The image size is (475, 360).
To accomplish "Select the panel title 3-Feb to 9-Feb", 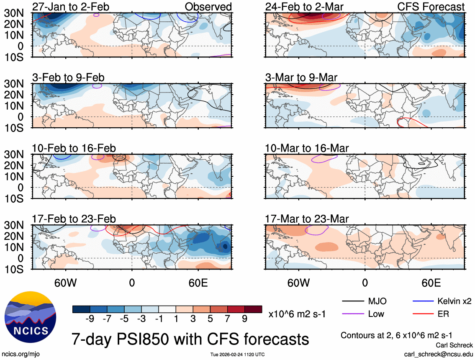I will [x=68, y=77].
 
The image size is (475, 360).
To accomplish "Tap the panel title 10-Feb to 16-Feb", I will [x=74, y=148].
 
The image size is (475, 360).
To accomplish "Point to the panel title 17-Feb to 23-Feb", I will [x=74, y=219].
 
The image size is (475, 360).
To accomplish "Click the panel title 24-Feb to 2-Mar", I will [x=304, y=7].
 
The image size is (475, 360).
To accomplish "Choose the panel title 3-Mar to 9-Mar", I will [x=301, y=77].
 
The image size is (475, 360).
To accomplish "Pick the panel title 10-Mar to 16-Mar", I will [x=307, y=148].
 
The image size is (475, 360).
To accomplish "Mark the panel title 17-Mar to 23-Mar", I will [x=307, y=219].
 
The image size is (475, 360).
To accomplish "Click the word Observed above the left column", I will [x=208, y=7].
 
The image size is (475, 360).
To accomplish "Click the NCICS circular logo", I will [x=30, y=317].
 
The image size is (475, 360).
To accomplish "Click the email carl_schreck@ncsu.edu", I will [x=439, y=354].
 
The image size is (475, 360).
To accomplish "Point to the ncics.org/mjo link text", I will [x=20, y=354].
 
